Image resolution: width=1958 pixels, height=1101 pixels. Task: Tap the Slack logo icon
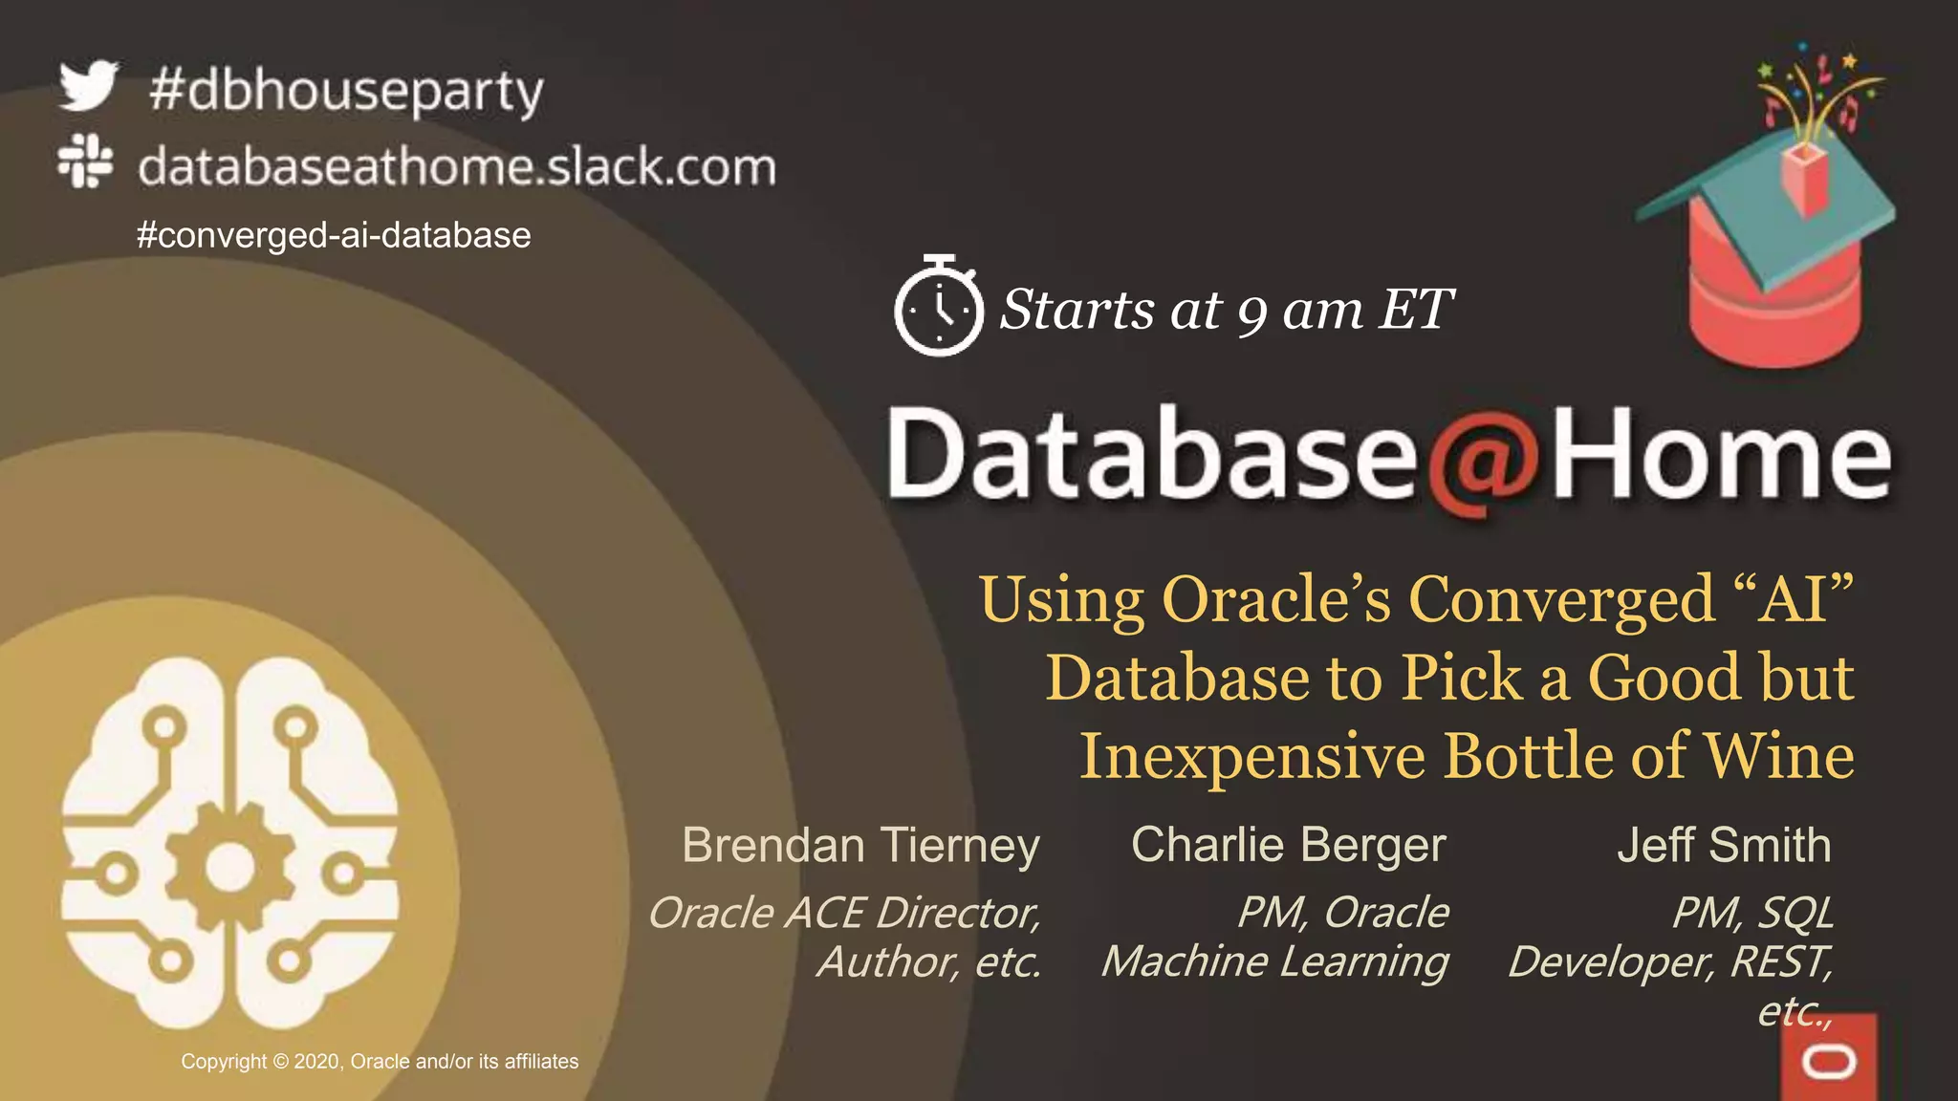(85, 161)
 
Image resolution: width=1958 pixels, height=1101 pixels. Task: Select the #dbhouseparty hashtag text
(346, 92)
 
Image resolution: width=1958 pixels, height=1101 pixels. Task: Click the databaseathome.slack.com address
(457, 167)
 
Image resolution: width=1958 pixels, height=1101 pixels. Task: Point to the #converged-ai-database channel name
(334, 235)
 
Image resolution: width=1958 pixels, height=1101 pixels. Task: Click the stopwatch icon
(938, 307)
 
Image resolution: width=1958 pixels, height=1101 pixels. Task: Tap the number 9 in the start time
(1251, 313)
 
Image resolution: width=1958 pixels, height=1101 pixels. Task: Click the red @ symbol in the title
(1483, 458)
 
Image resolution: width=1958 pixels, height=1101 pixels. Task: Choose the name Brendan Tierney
(860, 846)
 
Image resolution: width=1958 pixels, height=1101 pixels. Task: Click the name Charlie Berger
(1288, 845)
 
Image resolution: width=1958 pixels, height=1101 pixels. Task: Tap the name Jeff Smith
(1724, 845)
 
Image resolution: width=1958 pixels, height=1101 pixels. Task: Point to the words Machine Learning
(1274, 961)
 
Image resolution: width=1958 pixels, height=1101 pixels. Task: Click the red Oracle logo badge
(1829, 1059)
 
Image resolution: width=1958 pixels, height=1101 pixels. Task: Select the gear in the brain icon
(230, 866)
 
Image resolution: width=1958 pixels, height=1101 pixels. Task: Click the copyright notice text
(380, 1062)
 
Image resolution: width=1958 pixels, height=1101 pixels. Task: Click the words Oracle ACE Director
(844, 913)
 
